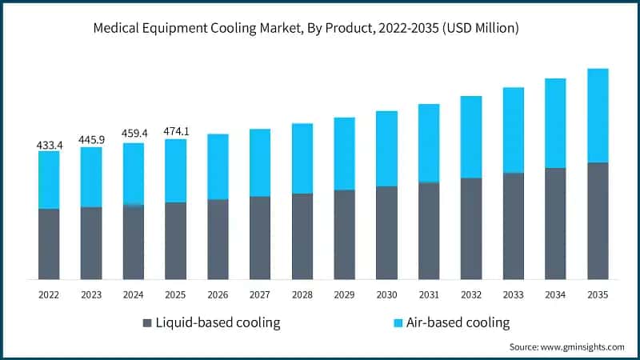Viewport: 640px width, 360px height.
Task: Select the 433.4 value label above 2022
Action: [49, 145]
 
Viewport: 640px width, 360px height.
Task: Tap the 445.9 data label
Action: [91, 140]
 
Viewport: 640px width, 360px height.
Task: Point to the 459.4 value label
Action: [134, 136]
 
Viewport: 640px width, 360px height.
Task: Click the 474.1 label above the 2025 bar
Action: [175, 131]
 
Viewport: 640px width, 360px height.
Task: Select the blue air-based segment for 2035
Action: [598, 116]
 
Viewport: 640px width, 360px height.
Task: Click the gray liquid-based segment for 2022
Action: [49, 244]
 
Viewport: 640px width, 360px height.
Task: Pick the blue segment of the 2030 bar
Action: [386, 149]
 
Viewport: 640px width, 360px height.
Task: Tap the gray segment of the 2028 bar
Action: [302, 236]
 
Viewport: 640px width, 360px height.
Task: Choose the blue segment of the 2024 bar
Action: [134, 174]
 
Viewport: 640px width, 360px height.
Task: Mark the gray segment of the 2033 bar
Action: [513, 226]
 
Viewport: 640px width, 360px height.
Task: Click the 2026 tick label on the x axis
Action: [218, 294]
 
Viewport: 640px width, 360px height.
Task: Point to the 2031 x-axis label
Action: [429, 294]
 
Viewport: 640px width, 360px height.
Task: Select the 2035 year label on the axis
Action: [598, 294]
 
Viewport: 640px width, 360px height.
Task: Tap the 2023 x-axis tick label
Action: [91, 294]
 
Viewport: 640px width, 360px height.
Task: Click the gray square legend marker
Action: [146, 323]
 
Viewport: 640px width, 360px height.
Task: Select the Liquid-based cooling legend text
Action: [218, 323]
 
